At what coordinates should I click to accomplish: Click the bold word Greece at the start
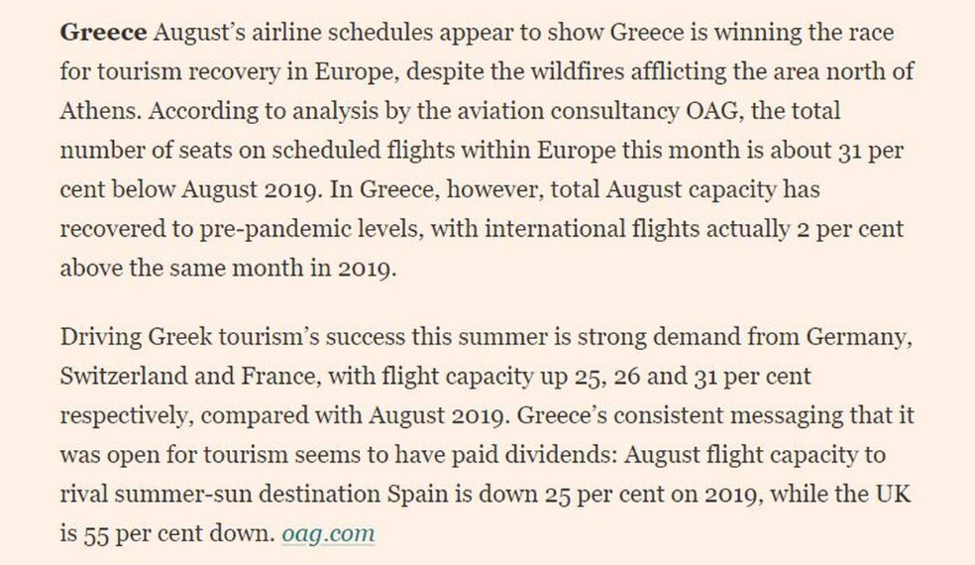click(x=102, y=33)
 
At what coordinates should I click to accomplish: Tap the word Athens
click(x=100, y=112)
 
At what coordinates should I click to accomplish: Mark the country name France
click(x=312, y=377)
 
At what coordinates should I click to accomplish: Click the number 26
click(x=658, y=377)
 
